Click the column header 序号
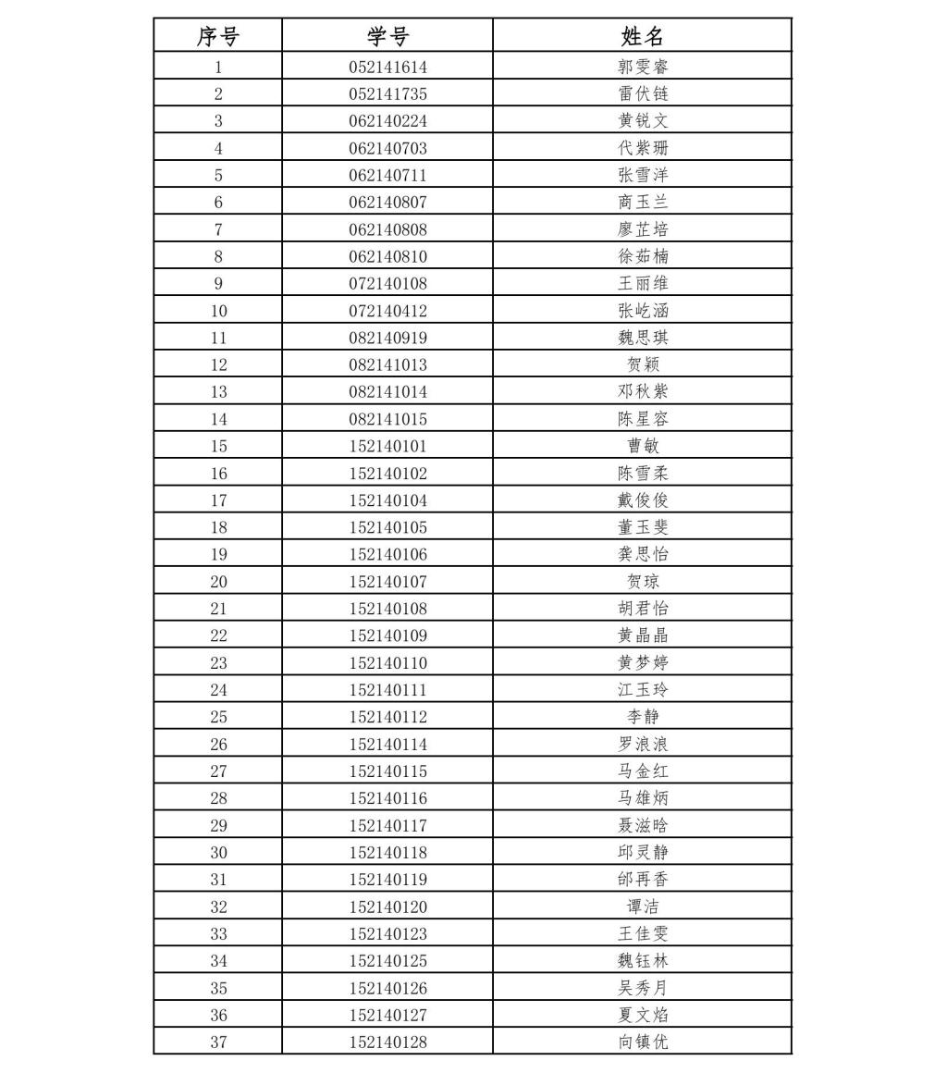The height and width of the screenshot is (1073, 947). click(x=218, y=36)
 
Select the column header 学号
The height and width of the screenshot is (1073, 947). click(x=387, y=36)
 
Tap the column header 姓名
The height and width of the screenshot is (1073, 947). click(x=643, y=36)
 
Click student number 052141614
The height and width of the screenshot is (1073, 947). click(x=387, y=67)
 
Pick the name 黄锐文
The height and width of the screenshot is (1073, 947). click(x=643, y=120)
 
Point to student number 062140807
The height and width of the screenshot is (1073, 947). click(x=387, y=202)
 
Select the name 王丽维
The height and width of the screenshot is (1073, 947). click(x=643, y=283)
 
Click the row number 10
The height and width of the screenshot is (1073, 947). click(x=218, y=311)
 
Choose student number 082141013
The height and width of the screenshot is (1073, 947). click(x=387, y=364)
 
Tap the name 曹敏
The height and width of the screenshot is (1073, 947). click(x=643, y=446)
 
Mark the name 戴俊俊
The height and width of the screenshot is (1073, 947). click(x=643, y=500)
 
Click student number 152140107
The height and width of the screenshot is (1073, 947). click(x=387, y=582)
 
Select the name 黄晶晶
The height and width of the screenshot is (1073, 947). click(x=643, y=635)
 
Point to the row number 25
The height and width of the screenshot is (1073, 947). click(x=218, y=717)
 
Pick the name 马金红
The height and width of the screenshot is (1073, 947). click(x=643, y=771)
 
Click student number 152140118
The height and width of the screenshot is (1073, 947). click(x=387, y=852)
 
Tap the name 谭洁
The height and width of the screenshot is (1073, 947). click(x=643, y=906)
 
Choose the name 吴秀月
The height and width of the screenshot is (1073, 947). click(x=643, y=988)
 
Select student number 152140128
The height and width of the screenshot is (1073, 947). click(x=387, y=1042)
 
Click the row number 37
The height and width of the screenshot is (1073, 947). click(x=218, y=1042)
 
